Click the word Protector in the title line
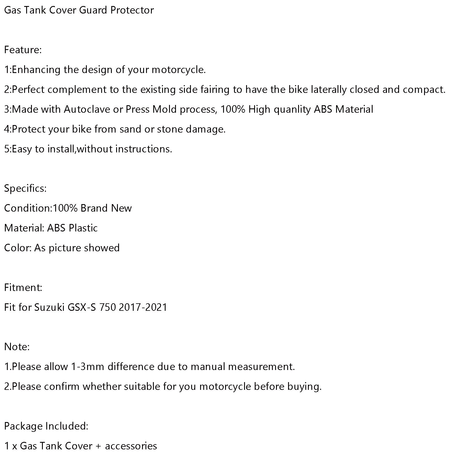[132, 10]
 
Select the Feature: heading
[23, 50]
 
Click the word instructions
[143, 149]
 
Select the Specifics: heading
[25, 189]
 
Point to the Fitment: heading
[23, 287]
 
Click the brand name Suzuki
[49, 307]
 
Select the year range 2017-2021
[143, 307]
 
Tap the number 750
[108, 307]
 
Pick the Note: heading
[17, 347]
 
